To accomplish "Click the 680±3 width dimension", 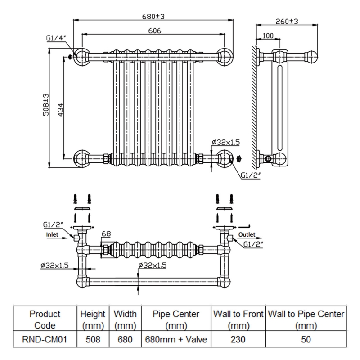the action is [x=153, y=17].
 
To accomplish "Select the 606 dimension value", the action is [x=154, y=31].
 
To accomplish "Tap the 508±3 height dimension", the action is [x=46, y=104].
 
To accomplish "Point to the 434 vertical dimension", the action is [x=60, y=110].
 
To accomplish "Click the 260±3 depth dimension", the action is [x=287, y=21].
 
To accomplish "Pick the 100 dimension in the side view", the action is [x=268, y=36].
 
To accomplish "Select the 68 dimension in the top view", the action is [x=106, y=234].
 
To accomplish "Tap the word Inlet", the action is [x=52, y=234].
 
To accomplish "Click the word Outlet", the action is [x=247, y=234].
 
